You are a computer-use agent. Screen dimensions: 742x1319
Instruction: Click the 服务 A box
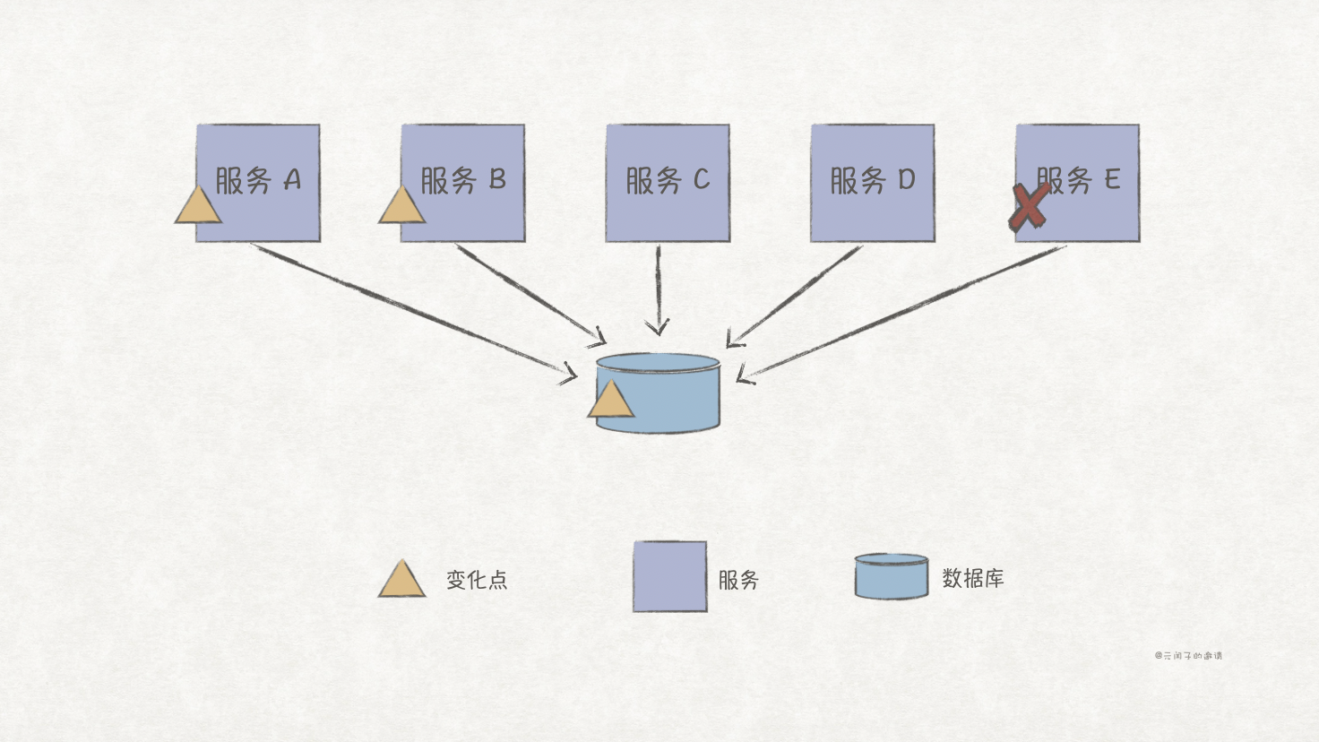coord(258,183)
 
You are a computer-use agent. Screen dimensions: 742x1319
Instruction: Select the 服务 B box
coord(462,183)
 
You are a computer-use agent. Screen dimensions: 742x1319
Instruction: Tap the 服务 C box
coord(668,183)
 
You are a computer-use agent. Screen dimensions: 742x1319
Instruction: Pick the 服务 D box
coord(873,183)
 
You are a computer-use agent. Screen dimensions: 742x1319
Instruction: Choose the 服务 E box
coord(1078,183)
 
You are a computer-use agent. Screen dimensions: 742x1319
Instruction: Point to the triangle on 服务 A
coord(198,207)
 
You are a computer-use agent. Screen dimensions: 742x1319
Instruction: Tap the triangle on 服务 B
coord(401,207)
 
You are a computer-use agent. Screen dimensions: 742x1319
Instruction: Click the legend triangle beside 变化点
coord(401,581)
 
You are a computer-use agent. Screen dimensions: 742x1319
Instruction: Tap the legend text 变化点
coord(477,580)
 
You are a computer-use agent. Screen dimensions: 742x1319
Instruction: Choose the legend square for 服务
coord(669,577)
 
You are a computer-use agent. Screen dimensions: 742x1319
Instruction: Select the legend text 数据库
coord(973,579)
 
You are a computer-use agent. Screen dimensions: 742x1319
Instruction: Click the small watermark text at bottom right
coord(1188,656)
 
